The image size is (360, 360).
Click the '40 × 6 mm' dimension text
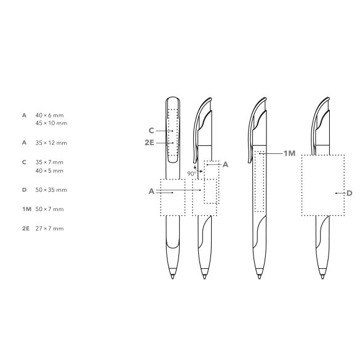[x=49, y=115]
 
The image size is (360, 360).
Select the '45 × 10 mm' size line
[x=51, y=123]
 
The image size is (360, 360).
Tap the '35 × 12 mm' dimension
[x=51, y=143]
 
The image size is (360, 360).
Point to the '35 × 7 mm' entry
[x=49, y=162]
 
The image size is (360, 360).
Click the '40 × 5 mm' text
[x=49, y=171]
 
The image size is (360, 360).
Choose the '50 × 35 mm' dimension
[x=51, y=190]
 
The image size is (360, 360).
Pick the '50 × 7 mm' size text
[x=49, y=209]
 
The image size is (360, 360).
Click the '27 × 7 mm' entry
[x=49, y=228]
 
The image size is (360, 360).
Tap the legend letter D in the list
[x=25, y=190]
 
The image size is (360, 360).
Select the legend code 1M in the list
[x=26, y=209]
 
